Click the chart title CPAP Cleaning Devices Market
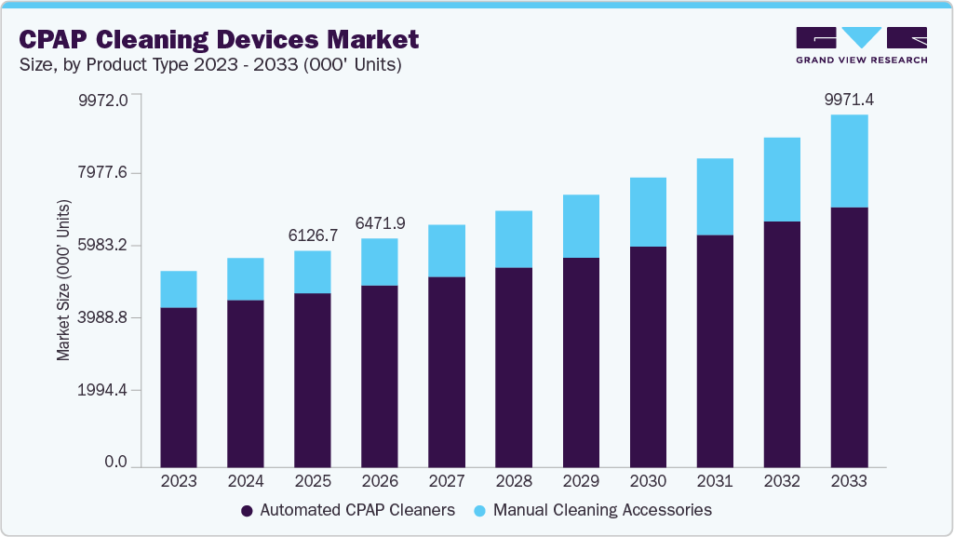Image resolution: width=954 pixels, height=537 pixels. pos(219,39)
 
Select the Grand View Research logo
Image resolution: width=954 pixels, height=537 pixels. pos(861,45)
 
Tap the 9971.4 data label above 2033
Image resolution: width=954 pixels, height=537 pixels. pos(849,100)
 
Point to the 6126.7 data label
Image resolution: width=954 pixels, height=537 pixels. pos(313,236)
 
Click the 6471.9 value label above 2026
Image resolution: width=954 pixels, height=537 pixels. pos(380,223)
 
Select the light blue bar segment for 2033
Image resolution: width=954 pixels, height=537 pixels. pos(849,161)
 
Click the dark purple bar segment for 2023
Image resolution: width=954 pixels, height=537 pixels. pos(179,386)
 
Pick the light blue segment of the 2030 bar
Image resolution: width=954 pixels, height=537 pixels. pos(648,212)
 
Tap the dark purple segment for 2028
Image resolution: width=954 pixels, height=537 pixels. pos(514,367)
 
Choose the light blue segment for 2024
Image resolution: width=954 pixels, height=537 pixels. pos(246,279)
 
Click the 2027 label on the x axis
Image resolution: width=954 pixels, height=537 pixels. pos(447,481)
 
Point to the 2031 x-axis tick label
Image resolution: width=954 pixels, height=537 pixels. pos(715,481)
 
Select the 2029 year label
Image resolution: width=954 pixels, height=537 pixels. pos(581,481)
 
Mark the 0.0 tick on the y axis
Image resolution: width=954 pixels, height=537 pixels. pos(115,463)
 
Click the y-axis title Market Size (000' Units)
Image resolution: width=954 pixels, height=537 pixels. pos(63,279)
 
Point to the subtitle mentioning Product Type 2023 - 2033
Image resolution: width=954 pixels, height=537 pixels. pos(210,66)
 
